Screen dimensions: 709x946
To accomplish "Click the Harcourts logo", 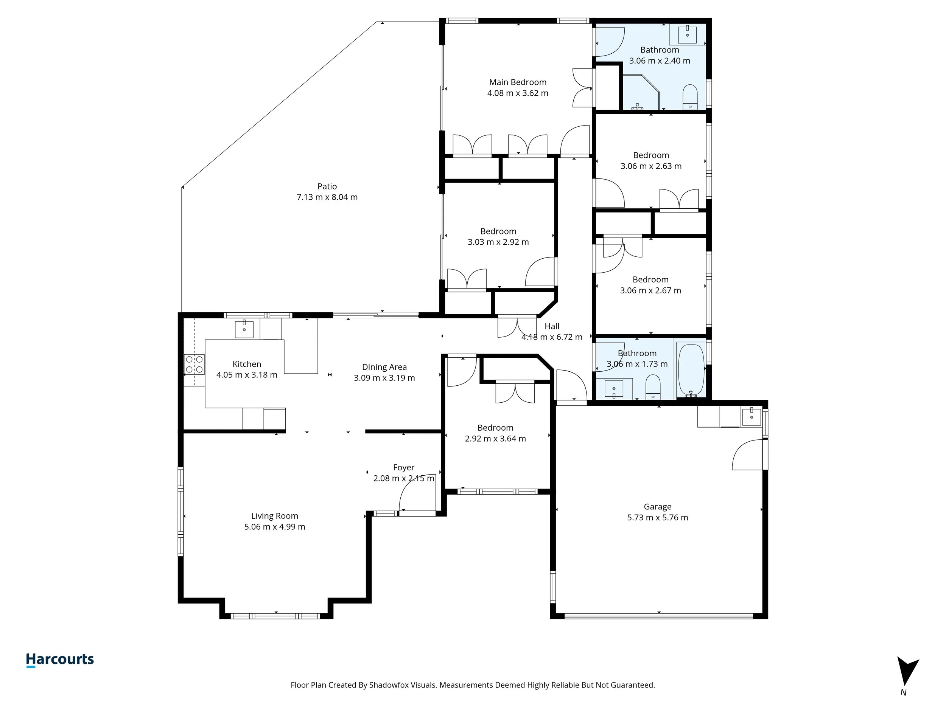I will tap(60, 659).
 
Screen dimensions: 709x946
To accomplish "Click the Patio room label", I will tap(327, 186).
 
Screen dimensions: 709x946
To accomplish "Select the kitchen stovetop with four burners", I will tap(194, 365).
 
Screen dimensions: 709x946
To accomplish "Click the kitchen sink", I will tap(244, 329).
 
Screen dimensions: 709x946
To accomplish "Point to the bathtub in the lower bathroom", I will tap(691, 370).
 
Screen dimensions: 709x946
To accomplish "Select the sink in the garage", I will tap(751, 417).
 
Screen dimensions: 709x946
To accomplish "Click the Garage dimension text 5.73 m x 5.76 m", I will tap(657, 518).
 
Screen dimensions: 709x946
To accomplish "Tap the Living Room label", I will tap(275, 516).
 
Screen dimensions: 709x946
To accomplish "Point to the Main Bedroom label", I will tap(518, 82).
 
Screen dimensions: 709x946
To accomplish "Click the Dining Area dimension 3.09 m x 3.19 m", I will tap(384, 378).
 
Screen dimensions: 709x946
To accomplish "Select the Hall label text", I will tap(552, 326).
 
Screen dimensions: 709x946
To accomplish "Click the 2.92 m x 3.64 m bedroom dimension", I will tap(495, 439).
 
